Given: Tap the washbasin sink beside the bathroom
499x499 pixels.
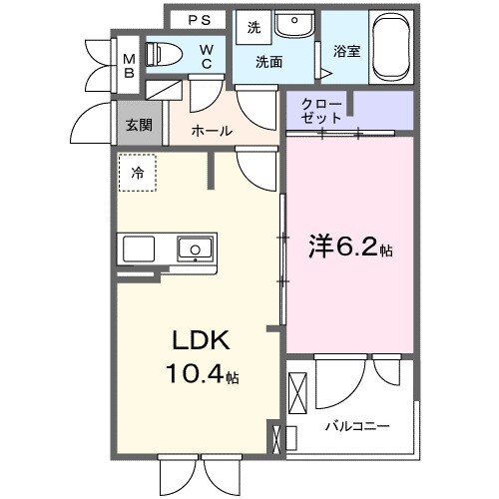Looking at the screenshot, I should [x=294, y=24].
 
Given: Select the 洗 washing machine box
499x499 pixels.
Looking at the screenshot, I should [x=253, y=28].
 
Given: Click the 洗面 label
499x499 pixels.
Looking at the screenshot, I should [x=268, y=62].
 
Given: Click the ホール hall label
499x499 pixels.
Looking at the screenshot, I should [x=212, y=131].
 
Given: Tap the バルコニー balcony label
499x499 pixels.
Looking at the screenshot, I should [x=356, y=426].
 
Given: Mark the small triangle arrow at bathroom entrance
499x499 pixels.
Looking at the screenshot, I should [x=326, y=71].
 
